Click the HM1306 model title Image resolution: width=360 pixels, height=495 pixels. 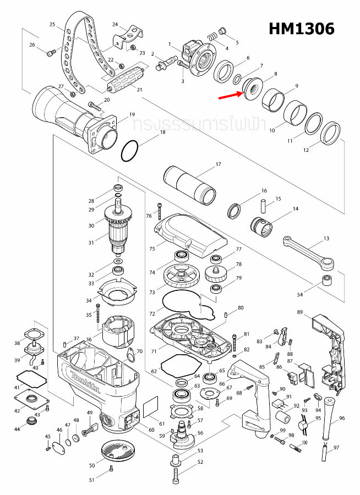click(x=301, y=29)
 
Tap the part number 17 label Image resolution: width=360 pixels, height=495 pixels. click(x=218, y=164)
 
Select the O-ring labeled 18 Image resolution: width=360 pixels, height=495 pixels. click(x=130, y=151)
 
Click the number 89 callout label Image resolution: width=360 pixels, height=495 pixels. click(x=300, y=312)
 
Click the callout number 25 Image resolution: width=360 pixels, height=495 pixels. click(x=53, y=25)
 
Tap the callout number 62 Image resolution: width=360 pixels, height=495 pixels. click(x=154, y=372)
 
